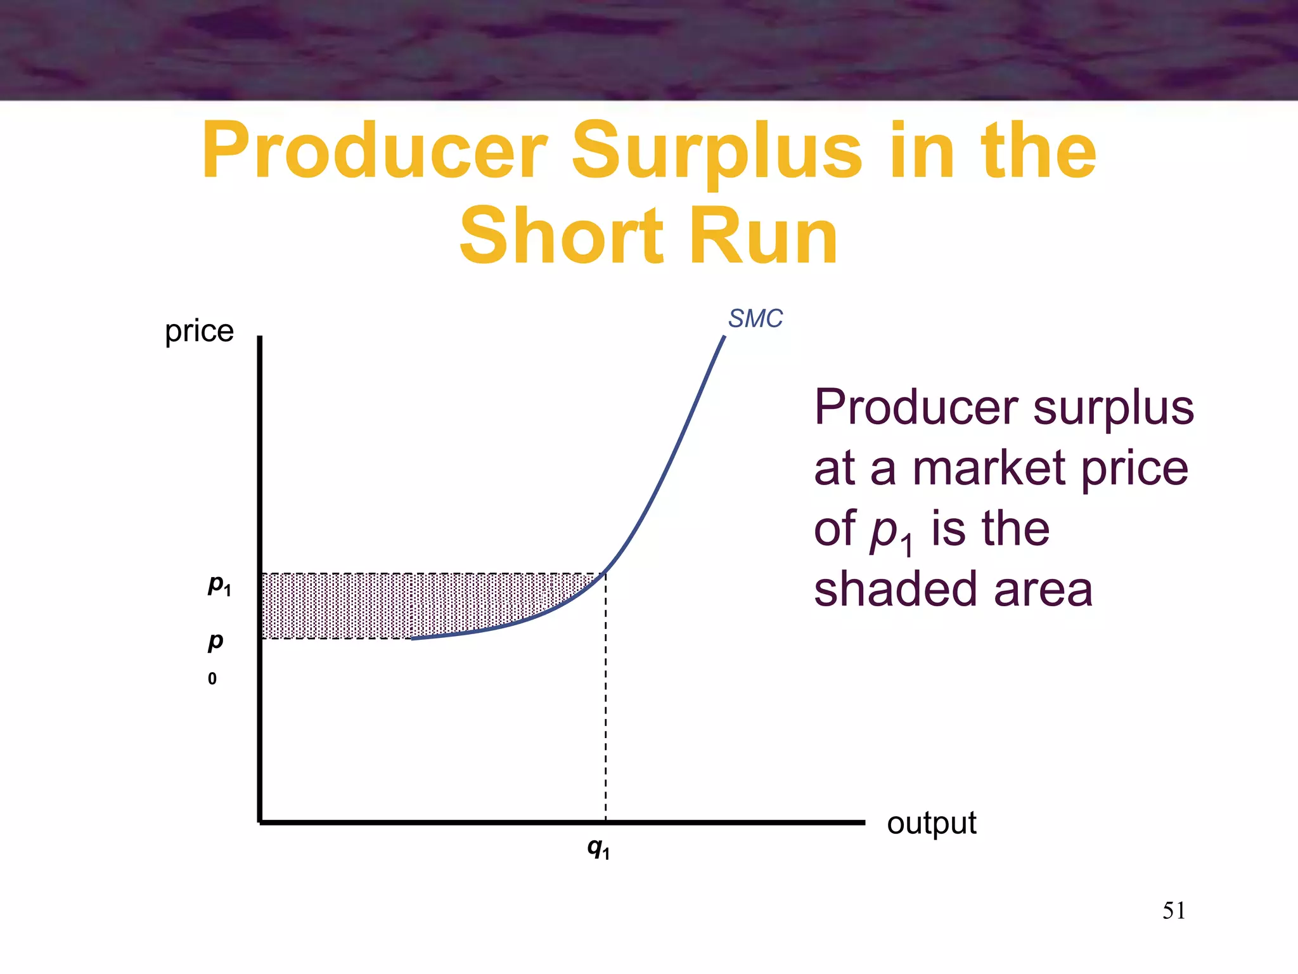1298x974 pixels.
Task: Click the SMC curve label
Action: click(755, 318)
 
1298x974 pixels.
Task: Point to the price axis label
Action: click(199, 331)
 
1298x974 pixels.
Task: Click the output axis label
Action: click(931, 823)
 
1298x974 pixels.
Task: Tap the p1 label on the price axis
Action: click(219, 584)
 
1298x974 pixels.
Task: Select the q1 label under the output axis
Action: click(598, 847)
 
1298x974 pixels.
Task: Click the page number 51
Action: click(1174, 911)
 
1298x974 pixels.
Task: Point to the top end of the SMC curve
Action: click(723, 338)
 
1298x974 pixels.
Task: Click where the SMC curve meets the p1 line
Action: click(605, 574)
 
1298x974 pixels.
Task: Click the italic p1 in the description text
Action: click(890, 531)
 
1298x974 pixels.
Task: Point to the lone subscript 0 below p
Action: click(212, 679)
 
